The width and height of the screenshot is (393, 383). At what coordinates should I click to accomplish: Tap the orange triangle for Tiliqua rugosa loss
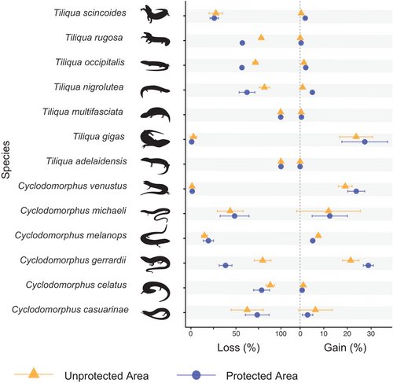coord(261,38)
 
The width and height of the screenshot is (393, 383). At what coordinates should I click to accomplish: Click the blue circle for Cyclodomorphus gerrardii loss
coord(226,265)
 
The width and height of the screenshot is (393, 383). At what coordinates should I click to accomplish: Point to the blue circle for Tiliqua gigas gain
coord(365,142)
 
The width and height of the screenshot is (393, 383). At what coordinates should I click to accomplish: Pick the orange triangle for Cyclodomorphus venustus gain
coord(344,186)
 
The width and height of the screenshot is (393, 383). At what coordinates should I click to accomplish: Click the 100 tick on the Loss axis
coord(281,331)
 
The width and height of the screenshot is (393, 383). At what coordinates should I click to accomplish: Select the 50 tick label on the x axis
coord(237,331)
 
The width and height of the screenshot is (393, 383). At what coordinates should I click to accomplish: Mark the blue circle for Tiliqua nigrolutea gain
coord(312,92)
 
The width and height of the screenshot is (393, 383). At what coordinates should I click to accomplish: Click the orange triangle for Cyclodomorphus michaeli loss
coord(230,211)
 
